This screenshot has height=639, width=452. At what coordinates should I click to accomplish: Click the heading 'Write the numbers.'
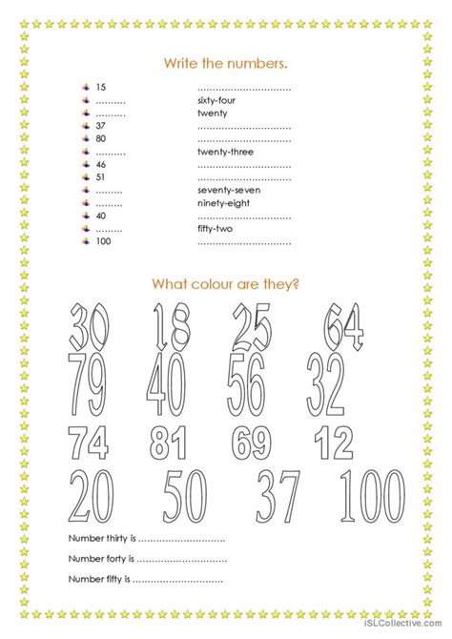[226, 63]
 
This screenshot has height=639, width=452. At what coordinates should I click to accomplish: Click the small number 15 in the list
[102, 87]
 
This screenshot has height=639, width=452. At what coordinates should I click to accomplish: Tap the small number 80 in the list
[102, 138]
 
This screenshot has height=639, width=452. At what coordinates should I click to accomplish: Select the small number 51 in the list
[102, 176]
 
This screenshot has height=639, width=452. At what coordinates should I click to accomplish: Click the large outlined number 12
[336, 443]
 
